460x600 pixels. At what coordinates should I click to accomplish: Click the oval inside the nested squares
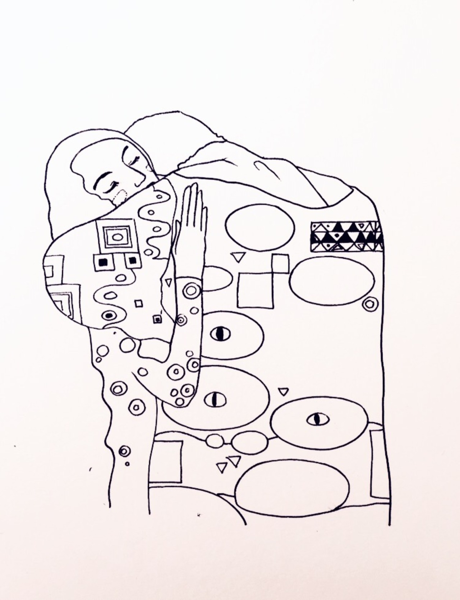[117, 237]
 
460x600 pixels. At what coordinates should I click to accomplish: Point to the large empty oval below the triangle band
[332, 280]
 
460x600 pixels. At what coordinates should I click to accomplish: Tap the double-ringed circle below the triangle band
[369, 304]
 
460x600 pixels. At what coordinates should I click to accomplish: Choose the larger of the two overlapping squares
[256, 290]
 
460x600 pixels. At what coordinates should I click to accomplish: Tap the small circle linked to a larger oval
[215, 441]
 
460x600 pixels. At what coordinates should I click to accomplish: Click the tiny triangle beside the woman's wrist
[168, 282]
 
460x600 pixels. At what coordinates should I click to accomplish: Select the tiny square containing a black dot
[157, 319]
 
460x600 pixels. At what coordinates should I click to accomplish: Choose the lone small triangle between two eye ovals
[284, 391]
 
